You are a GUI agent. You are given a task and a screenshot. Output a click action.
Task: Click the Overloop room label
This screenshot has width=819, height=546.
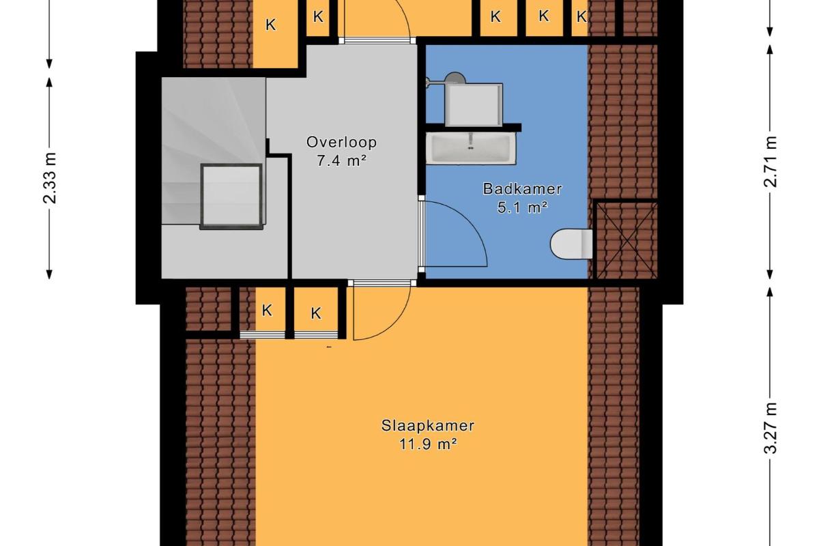[341, 142]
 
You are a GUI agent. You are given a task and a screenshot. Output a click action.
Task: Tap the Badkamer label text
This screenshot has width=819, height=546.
[522, 188]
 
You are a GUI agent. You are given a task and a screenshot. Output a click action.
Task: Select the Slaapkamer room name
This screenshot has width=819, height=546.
[428, 426]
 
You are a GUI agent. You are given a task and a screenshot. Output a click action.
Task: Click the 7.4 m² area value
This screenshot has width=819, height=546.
[341, 161]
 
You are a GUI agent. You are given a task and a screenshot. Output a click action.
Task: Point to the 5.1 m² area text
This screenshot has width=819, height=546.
[522, 207]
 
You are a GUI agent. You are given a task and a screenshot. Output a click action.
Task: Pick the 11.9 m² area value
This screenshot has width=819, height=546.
[428, 445]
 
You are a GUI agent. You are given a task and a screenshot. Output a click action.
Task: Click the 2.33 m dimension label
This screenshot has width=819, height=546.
[49, 177]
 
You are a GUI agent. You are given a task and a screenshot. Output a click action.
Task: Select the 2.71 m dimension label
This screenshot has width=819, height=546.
[770, 161]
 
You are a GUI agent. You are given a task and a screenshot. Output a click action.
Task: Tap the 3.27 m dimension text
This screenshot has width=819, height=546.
[770, 427]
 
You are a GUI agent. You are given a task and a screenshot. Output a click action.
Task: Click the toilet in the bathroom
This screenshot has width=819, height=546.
[571, 244]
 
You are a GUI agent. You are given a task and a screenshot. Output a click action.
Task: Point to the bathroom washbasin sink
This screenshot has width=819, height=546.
[471, 147]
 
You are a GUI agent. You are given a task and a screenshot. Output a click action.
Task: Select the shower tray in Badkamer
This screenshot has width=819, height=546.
[474, 105]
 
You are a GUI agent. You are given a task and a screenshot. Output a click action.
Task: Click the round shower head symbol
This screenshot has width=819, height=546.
[455, 78]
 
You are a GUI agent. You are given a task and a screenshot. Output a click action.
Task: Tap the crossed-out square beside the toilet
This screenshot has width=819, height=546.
[626, 240]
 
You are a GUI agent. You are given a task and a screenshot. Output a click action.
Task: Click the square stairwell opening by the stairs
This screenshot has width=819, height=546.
[231, 197]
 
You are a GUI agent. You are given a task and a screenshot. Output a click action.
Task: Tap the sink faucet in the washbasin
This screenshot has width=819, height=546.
[471, 141]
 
